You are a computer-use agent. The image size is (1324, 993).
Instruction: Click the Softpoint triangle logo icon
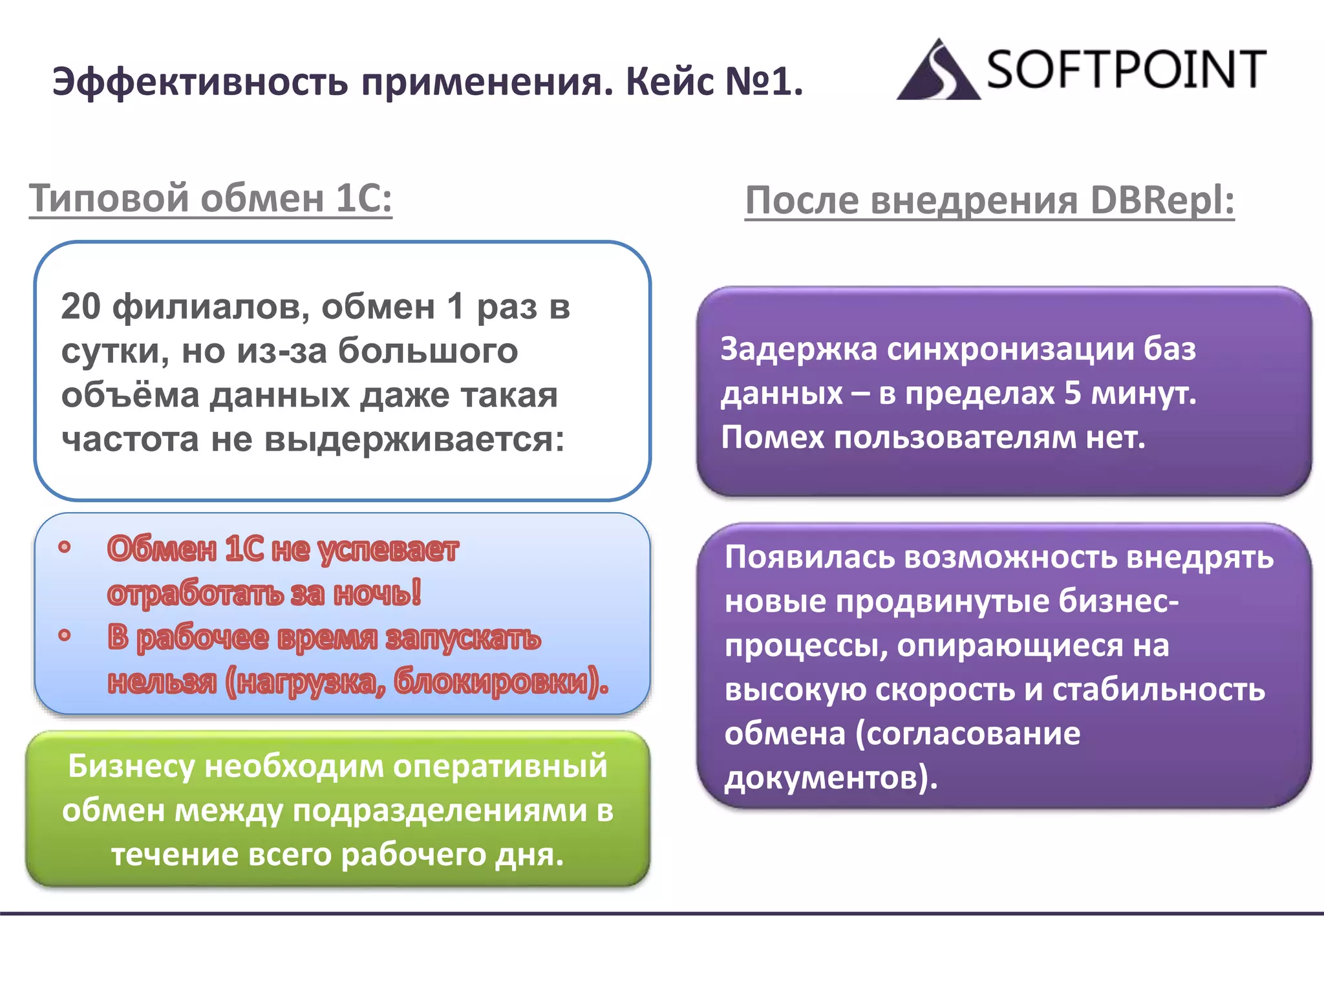[x=937, y=71]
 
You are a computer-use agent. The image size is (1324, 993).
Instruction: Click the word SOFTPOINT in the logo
[x=1126, y=69]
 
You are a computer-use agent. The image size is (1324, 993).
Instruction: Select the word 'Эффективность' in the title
[x=200, y=82]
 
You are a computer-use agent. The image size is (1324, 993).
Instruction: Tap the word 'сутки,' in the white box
[x=116, y=351]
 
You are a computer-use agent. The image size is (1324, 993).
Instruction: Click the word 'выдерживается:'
[x=414, y=440]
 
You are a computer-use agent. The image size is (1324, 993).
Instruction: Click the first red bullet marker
[x=64, y=548]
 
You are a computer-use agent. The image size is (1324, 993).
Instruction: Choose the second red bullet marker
[x=64, y=635]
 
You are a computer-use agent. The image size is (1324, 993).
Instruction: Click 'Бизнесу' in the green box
[x=131, y=766]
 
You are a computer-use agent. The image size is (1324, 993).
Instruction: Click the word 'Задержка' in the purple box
[x=799, y=349]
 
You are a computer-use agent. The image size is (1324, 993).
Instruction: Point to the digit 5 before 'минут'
[x=1073, y=393]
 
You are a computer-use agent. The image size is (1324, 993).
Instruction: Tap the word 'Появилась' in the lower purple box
[x=809, y=557]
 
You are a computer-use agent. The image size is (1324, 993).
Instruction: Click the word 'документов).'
[x=831, y=778]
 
